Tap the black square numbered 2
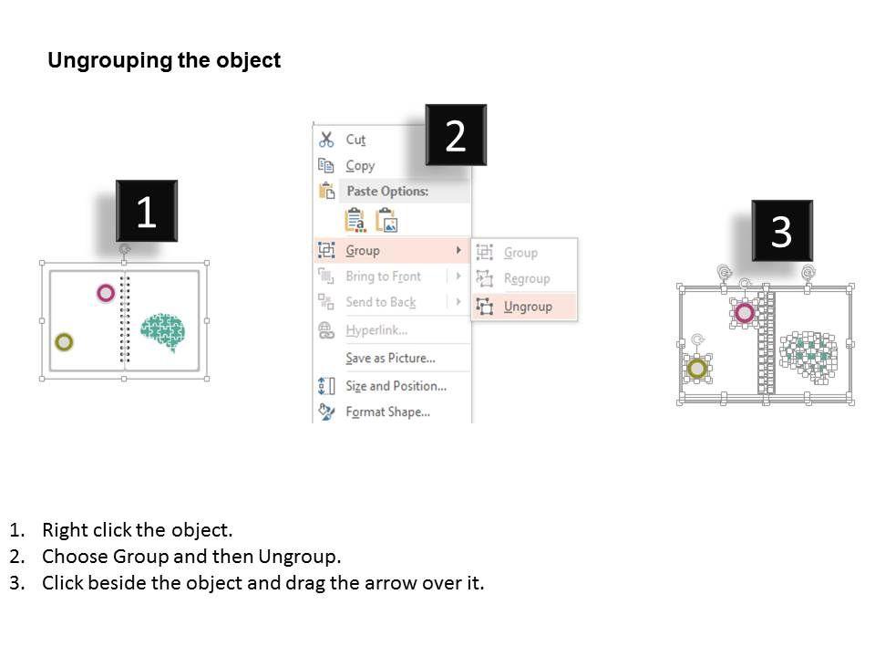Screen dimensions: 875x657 point(456,135)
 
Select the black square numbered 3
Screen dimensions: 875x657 point(781,231)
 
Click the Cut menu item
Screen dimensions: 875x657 point(355,140)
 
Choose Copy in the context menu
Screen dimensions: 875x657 point(360,166)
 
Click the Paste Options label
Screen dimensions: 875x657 point(386,192)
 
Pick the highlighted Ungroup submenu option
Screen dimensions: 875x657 point(528,307)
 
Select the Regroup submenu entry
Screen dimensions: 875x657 point(527,278)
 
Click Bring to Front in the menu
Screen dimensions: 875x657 point(383,276)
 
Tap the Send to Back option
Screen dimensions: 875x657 point(380,302)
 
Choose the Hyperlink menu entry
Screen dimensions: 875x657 point(376,330)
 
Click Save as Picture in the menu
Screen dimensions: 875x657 point(390,358)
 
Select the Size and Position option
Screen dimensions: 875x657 point(396,386)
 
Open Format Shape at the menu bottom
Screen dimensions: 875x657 point(387,412)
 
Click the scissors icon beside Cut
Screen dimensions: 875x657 point(326,140)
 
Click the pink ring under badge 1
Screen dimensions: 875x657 point(106,293)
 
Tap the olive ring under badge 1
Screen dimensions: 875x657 point(64,342)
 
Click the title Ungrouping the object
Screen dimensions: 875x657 point(164,61)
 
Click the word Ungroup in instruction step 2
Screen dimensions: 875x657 point(297,557)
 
